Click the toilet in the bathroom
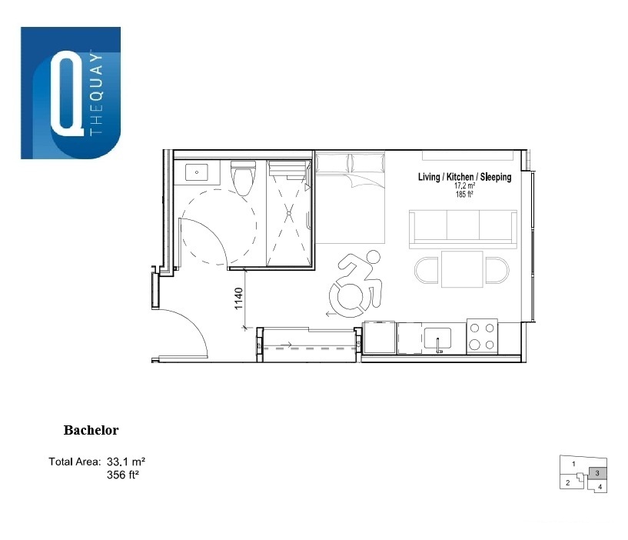(243, 178)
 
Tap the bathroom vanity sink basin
(197, 172)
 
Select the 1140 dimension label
(239, 298)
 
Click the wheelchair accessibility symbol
(356, 284)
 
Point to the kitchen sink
(437, 338)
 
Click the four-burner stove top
(482, 337)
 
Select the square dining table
(462, 269)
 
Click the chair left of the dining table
(427, 270)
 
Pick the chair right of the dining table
(497, 270)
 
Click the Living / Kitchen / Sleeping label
(464, 177)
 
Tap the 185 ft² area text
(464, 195)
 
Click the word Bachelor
(91, 430)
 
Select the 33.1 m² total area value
(126, 462)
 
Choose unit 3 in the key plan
(597, 473)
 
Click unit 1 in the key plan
(573, 464)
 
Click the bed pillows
(350, 163)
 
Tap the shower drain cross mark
(289, 213)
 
